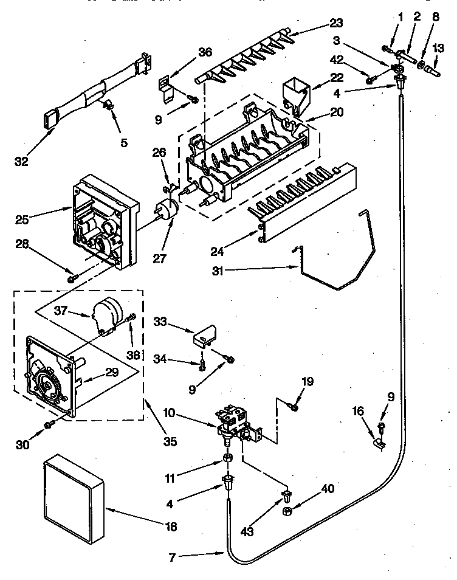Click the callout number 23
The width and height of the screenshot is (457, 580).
point(335,24)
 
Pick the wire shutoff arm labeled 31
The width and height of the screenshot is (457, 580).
point(334,261)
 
